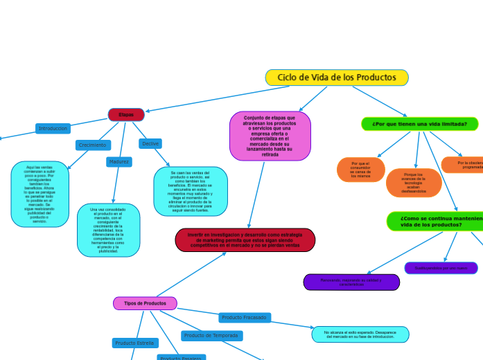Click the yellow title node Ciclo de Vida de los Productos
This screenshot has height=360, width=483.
click(x=337, y=78)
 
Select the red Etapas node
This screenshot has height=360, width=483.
click(x=126, y=114)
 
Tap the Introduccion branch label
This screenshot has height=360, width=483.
click(x=53, y=129)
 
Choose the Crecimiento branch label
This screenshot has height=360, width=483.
click(x=93, y=145)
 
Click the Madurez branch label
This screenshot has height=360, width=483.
click(x=119, y=162)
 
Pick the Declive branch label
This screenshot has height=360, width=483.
click(x=150, y=143)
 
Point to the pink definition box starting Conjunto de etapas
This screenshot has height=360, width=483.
click(x=270, y=136)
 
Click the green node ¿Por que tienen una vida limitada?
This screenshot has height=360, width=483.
click(x=419, y=124)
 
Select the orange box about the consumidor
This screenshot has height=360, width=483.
click(x=360, y=170)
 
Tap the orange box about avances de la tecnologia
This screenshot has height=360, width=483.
click(x=414, y=183)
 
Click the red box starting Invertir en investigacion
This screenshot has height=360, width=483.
click(x=245, y=240)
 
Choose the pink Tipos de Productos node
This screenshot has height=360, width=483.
click(x=145, y=303)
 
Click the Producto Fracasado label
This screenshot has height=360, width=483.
click(x=245, y=318)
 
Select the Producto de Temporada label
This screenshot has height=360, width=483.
click(x=212, y=336)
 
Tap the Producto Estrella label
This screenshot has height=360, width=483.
click(x=135, y=343)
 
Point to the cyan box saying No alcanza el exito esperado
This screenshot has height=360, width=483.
click(x=360, y=334)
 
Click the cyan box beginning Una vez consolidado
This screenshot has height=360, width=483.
click(x=108, y=230)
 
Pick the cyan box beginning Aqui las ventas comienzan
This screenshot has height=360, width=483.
click(x=40, y=195)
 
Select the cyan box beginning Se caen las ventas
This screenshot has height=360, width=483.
click(x=191, y=191)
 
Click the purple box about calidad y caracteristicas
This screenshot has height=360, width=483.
click(x=351, y=282)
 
